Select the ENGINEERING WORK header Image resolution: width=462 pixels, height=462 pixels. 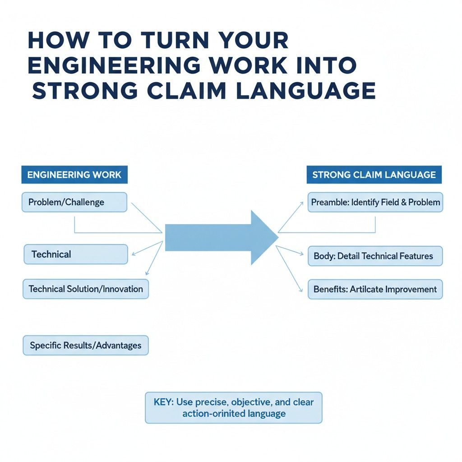tap(74, 175)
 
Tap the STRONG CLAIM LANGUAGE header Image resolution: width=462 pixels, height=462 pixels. tap(374, 175)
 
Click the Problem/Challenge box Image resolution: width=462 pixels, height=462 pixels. tap(74, 202)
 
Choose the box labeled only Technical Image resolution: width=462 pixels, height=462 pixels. tap(75, 254)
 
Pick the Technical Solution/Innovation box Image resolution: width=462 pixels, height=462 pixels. tap(85, 289)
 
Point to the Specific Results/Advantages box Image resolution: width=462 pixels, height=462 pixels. tap(85, 346)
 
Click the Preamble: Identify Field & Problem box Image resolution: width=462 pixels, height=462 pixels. tap(375, 202)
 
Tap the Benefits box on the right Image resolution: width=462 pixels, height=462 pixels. tap(375, 289)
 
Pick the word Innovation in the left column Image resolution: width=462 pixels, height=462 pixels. tap(123, 289)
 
